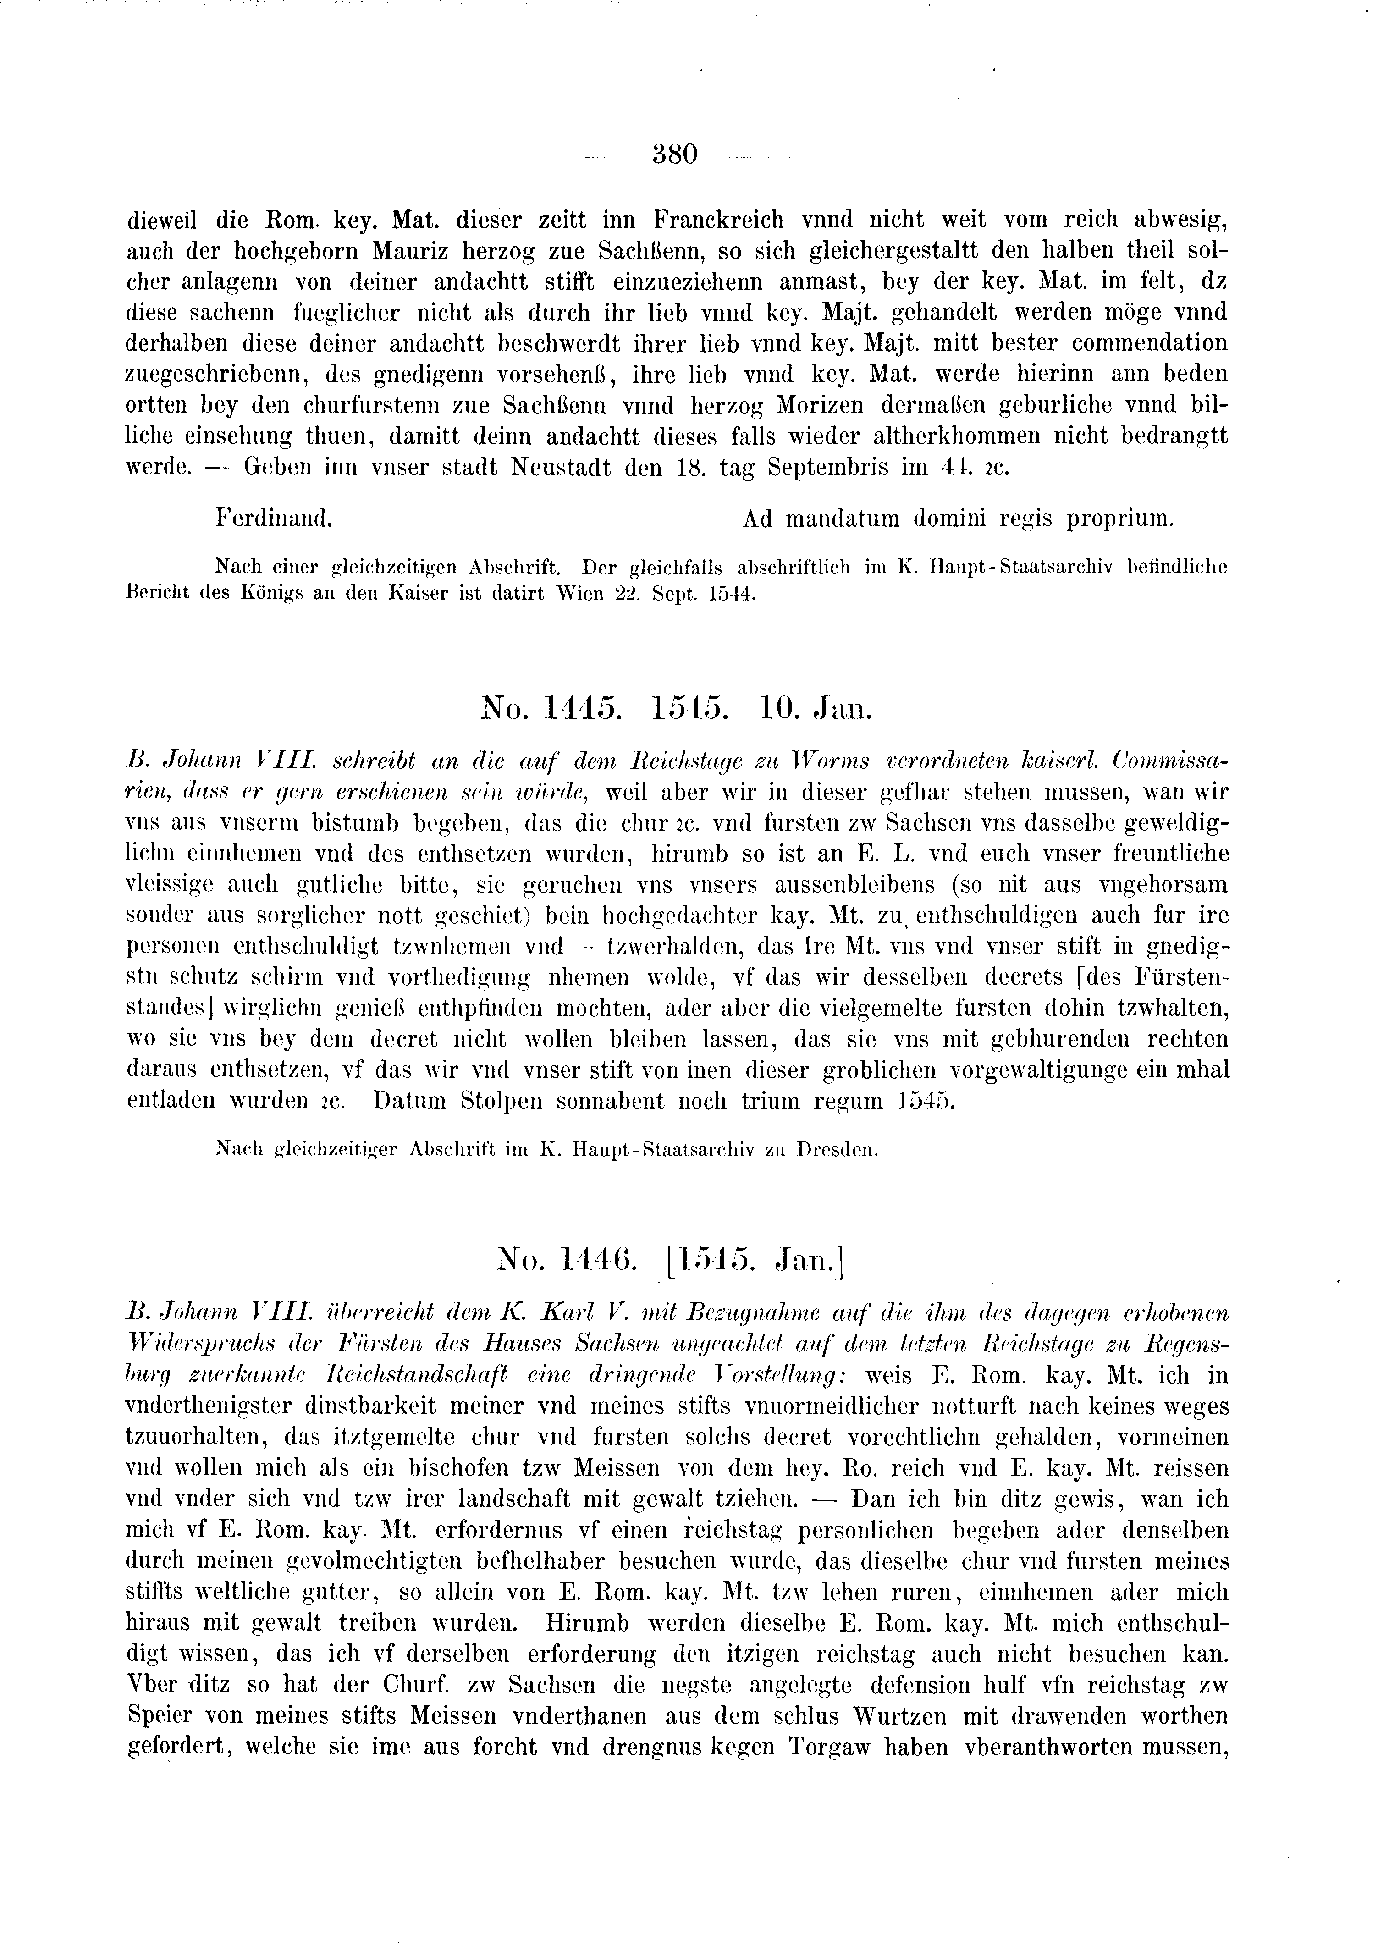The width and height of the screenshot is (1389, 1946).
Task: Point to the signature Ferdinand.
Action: (274, 518)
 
